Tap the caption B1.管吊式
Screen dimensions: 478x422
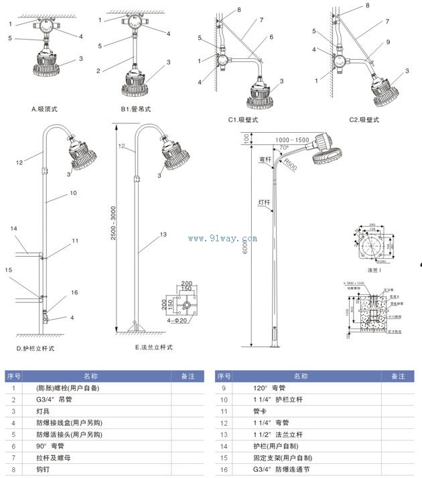(136, 108)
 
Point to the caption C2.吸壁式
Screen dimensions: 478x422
(364, 119)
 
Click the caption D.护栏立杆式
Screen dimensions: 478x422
(36, 348)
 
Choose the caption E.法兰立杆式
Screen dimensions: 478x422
(154, 347)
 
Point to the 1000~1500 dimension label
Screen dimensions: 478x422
(291, 139)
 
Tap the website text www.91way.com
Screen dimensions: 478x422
(223, 238)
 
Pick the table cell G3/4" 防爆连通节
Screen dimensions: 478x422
(270, 470)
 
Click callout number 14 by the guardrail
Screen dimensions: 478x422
(14, 229)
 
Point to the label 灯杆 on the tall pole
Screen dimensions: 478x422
(265, 201)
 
